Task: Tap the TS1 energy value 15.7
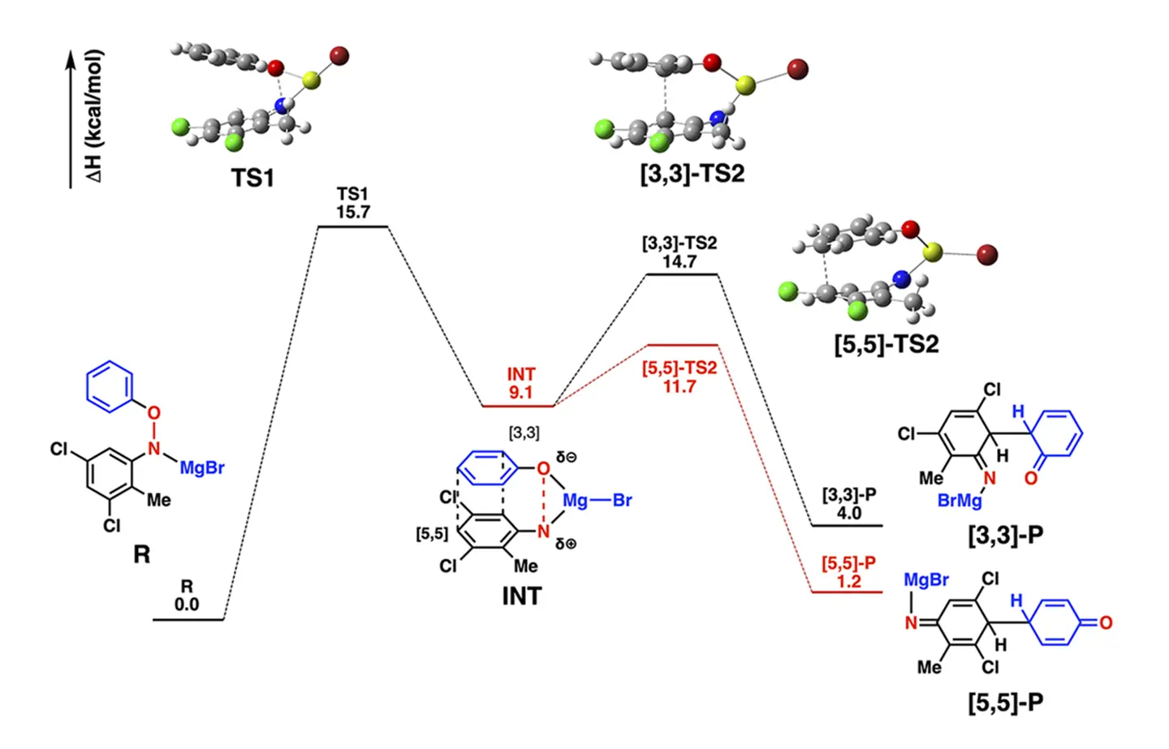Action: [x=352, y=213]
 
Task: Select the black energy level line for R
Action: [x=188, y=620]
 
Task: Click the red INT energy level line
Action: [x=517, y=406]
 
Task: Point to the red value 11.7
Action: [x=679, y=386]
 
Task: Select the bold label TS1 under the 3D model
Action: [x=252, y=178]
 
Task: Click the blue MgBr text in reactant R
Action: [x=201, y=468]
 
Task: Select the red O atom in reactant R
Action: [x=153, y=414]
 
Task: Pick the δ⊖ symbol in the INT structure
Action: [x=567, y=458]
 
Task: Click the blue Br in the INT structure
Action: [x=622, y=501]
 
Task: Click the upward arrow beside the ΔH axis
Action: [x=71, y=118]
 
